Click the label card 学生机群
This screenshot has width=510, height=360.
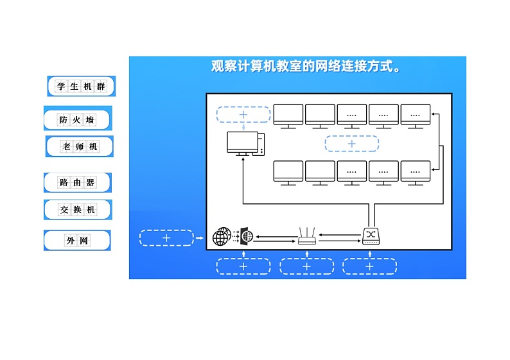pyautogui.click(x=81, y=86)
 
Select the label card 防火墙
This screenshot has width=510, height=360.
pyautogui.click(x=78, y=119)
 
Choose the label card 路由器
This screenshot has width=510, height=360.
pyautogui.click(x=78, y=182)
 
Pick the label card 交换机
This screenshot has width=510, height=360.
pyautogui.click(x=78, y=209)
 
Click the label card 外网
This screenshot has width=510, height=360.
pyautogui.click(x=77, y=241)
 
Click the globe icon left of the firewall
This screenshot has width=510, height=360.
pyautogui.click(x=222, y=237)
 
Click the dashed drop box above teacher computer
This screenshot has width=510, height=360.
pyautogui.click(x=243, y=114)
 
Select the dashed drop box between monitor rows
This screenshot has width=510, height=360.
pyautogui.click(x=351, y=144)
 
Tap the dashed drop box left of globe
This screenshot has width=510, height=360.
pyautogui.click(x=166, y=238)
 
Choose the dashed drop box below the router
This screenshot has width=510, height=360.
pyautogui.click(x=306, y=266)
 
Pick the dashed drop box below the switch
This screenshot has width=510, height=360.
pyautogui.click(x=369, y=266)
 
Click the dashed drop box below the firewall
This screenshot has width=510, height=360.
pyautogui.click(x=243, y=266)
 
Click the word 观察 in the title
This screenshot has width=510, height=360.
pyautogui.click(x=224, y=66)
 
